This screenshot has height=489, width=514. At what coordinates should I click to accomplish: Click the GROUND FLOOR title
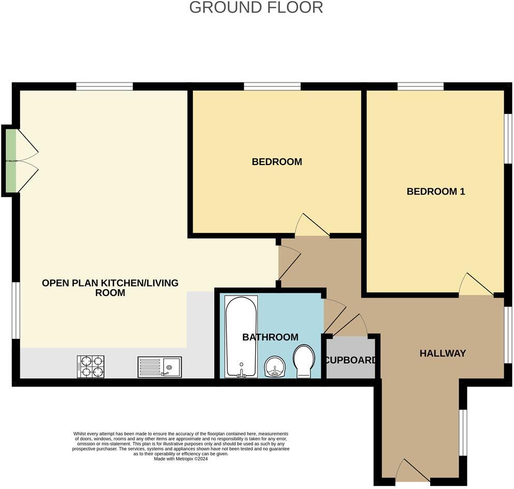click(256, 8)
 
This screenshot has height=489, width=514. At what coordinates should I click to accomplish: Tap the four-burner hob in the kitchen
click(91, 366)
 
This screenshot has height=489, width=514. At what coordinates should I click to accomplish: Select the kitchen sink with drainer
click(159, 367)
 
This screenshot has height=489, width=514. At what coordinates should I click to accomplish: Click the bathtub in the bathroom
click(241, 336)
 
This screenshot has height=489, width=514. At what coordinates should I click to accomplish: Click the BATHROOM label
click(270, 337)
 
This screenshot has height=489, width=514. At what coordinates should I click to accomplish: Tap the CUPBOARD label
click(350, 360)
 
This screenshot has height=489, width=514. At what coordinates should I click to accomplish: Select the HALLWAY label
click(443, 353)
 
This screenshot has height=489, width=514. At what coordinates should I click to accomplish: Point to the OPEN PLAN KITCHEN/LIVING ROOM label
click(110, 288)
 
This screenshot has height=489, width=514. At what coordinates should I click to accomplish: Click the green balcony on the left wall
click(10, 160)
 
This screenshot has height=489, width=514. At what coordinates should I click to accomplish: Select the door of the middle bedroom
click(312, 226)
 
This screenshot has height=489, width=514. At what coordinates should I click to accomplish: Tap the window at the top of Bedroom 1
click(420, 86)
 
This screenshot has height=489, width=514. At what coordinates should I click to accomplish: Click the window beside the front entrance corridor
click(464, 433)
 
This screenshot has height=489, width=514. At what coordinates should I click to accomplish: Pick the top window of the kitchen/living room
click(105, 86)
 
